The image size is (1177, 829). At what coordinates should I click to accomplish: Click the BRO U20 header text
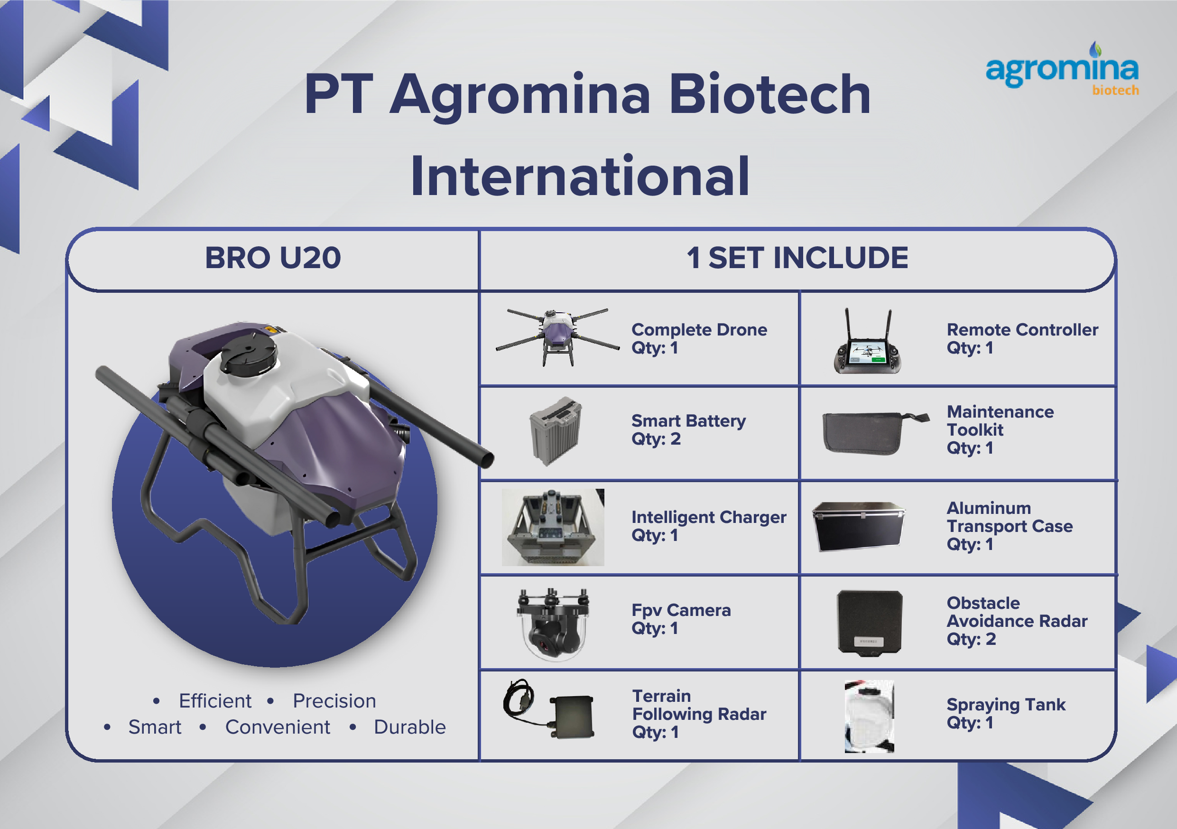coord(273,258)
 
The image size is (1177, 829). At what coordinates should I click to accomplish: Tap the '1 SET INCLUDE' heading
coord(797,258)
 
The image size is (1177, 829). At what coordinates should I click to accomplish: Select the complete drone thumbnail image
coord(557,336)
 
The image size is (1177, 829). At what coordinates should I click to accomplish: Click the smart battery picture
coord(556,431)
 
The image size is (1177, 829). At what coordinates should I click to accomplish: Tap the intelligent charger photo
coord(553,527)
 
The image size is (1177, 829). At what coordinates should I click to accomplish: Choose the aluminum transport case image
coord(859,527)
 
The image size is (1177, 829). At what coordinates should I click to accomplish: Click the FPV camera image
coord(553,624)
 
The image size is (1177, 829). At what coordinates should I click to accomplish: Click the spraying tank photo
coord(869,716)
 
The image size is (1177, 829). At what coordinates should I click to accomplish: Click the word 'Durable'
coord(409,727)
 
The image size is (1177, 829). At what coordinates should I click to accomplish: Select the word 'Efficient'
coord(215,701)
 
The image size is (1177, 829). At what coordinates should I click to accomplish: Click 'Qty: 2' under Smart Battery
coord(656,439)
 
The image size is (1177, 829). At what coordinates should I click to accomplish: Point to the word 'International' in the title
coord(580,177)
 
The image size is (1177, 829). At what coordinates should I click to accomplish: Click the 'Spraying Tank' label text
coord(1006,704)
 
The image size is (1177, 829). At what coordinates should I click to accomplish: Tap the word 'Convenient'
coord(278,727)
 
